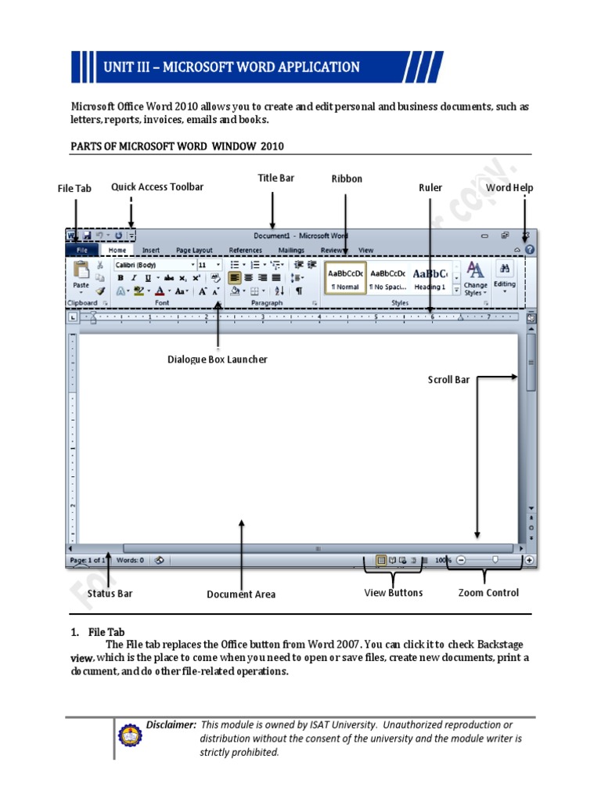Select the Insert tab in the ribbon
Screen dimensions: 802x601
point(151,251)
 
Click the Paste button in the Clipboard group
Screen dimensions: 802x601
point(81,276)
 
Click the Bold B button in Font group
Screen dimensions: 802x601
point(121,278)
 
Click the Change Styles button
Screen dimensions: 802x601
point(475,278)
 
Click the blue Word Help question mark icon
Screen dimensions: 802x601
point(530,250)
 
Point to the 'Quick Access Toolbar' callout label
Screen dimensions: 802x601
point(157,187)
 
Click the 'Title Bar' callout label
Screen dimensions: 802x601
point(276,179)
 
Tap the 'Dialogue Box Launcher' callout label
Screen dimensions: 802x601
point(218,359)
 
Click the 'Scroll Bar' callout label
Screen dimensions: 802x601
point(448,380)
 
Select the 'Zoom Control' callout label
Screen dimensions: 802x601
point(488,593)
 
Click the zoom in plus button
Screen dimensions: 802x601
point(530,560)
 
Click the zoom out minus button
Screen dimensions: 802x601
point(461,560)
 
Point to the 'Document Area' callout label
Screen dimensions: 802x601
point(241,594)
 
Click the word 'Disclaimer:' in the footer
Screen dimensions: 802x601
point(171,725)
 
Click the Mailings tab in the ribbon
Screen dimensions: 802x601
point(291,251)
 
